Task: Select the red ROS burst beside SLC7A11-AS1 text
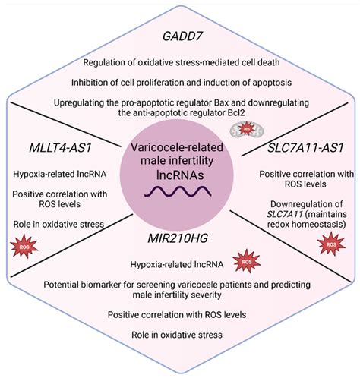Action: (330, 245)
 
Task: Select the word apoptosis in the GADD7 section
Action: (263, 81)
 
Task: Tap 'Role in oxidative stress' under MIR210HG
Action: (180, 334)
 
